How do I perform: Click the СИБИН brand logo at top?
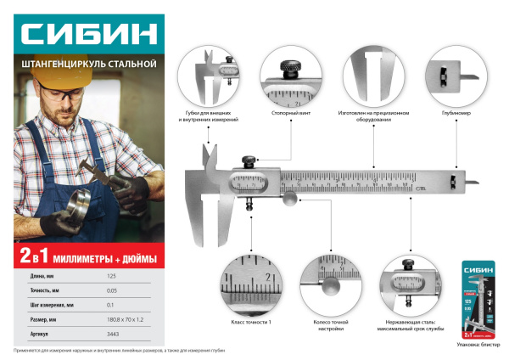pyautogui.click(x=89, y=36)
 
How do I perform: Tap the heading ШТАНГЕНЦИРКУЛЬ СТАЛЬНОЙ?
pyautogui.click(x=89, y=65)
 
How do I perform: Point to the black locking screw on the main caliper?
pyautogui.click(x=249, y=160)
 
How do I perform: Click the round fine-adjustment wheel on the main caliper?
pyautogui.click(x=289, y=200)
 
